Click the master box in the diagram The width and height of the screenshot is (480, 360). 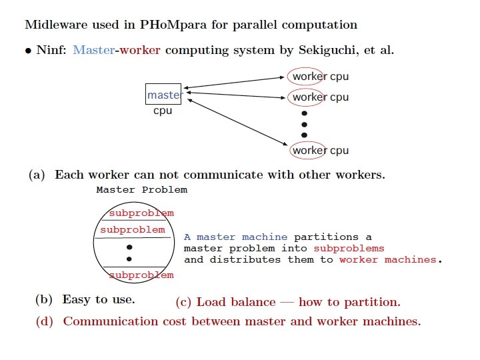[163, 95]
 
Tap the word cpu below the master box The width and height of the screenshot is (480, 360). [163, 111]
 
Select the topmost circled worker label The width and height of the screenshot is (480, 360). [308, 76]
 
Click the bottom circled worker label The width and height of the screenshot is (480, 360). [309, 150]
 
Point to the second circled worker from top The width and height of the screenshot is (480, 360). [309, 97]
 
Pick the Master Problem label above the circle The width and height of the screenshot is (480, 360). [142, 189]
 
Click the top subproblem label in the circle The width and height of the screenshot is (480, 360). [141, 213]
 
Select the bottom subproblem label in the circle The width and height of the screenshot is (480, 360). [141, 275]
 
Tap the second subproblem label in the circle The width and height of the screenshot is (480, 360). [132, 230]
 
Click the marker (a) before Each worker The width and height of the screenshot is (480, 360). [37, 175]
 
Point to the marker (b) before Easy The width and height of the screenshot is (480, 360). [44, 299]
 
